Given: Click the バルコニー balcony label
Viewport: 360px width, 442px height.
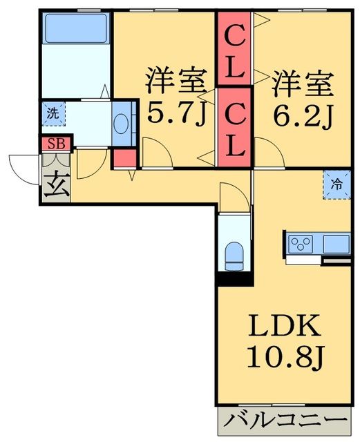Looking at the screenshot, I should [285, 421].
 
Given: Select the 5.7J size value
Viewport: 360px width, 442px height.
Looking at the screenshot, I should [176, 112].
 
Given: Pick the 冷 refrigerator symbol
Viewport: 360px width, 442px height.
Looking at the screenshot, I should [337, 184].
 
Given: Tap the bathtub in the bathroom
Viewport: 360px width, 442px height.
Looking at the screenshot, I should [73, 30].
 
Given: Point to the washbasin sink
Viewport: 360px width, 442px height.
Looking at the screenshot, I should [122, 124].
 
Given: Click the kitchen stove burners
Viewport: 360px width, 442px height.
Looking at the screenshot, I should [301, 244].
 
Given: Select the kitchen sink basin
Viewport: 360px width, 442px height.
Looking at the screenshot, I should [336, 243].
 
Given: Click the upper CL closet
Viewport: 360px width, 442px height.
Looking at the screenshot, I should [234, 50].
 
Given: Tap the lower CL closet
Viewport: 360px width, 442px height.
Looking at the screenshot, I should [234, 128].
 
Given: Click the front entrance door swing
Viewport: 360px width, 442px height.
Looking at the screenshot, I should [24, 169].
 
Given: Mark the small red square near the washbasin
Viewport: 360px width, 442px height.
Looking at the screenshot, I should [123, 158].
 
